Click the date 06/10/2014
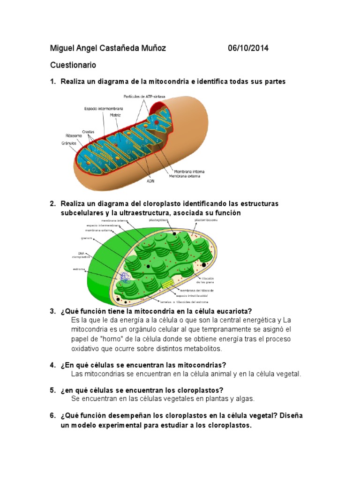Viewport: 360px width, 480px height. click(248, 48)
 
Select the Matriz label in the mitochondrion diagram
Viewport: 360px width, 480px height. click(115, 114)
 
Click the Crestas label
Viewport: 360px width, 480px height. click(88, 132)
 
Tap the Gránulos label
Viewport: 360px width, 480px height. click(68, 143)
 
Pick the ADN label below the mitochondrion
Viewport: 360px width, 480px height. click(150, 180)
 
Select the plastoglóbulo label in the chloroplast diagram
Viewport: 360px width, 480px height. click(158, 219)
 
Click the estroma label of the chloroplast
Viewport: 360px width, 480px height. click(79, 269)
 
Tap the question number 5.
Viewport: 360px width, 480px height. click(52, 390)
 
